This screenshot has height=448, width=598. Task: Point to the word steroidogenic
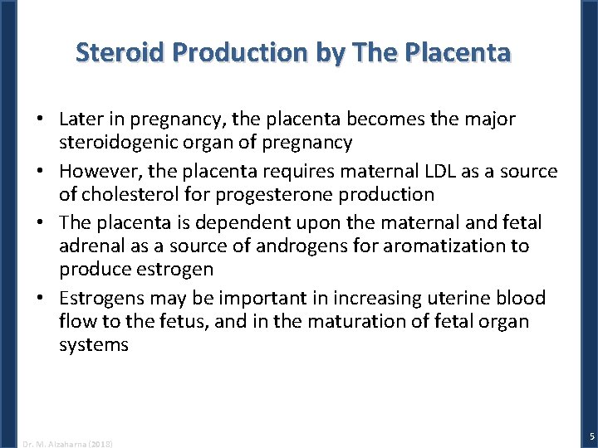(x=116, y=142)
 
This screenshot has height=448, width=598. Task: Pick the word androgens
(x=258, y=246)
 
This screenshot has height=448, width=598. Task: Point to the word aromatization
(x=409, y=246)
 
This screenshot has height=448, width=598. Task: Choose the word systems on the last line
(x=93, y=343)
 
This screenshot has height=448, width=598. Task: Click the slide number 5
(x=591, y=436)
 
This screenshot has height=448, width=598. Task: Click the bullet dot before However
(x=40, y=171)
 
